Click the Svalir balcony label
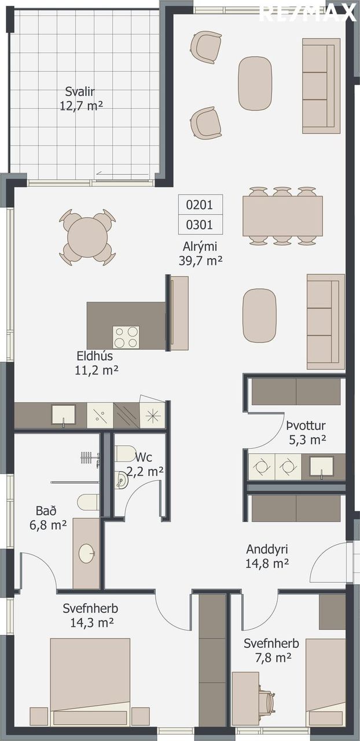pos(81,98)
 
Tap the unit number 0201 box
pos(200,205)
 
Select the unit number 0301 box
pos(200,225)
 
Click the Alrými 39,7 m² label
pos(200,254)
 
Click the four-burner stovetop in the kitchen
pos(126,337)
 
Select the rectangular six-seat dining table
pos(282,216)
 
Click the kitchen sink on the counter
pos(63,415)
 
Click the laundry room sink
pos(321,467)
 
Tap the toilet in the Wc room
pos(125,453)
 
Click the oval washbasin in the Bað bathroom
pos(87,553)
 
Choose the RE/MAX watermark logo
pos(307,13)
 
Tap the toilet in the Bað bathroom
pos(89,502)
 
